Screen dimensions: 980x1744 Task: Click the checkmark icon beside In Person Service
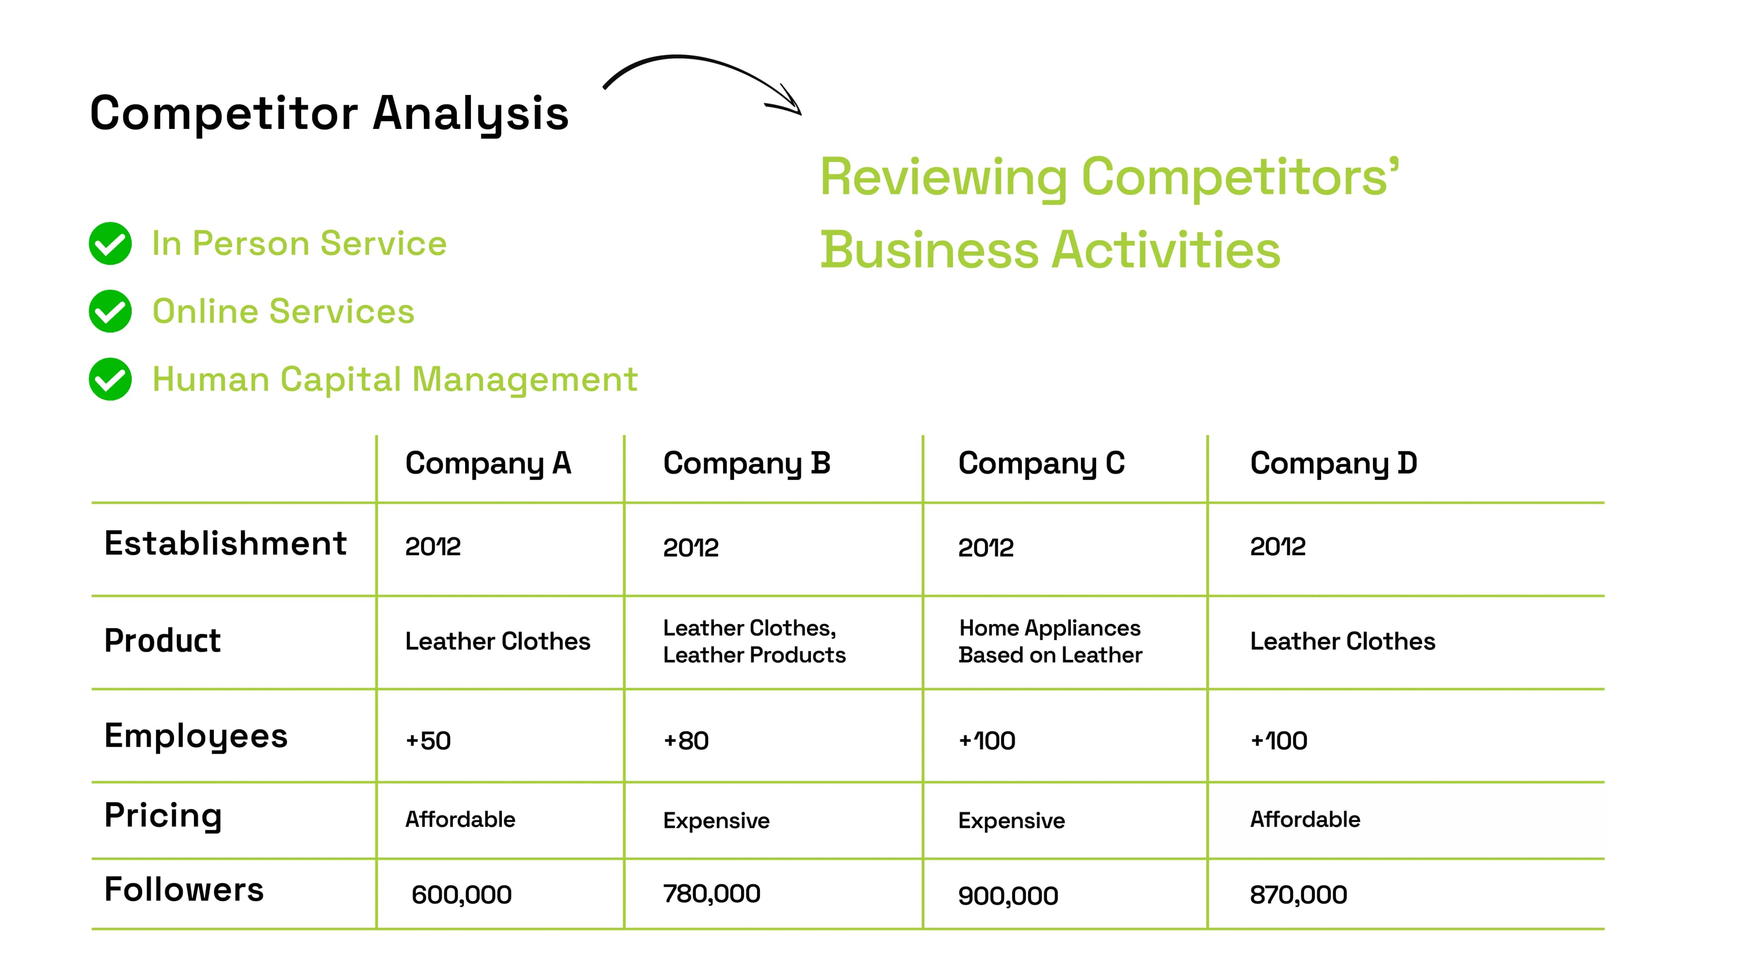click(110, 244)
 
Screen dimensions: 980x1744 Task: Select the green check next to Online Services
click(110, 311)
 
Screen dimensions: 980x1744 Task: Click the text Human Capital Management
click(395, 379)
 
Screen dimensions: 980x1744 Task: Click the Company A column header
click(488, 463)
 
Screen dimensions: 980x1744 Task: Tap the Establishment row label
click(225, 543)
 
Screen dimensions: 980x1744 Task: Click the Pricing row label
click(163, 816)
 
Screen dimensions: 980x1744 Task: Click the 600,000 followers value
click(462, 895)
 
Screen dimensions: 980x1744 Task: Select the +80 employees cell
click(686, 740)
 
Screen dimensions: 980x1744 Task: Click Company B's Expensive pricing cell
click(716, 820)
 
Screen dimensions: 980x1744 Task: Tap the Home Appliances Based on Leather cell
click(1050, 641)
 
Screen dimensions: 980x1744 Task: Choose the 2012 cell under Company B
click(690, 547)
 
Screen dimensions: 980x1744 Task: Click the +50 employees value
click(428, 740)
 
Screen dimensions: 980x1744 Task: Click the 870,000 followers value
click(1298, 895)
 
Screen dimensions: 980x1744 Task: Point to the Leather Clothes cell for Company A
click(498, 641)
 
